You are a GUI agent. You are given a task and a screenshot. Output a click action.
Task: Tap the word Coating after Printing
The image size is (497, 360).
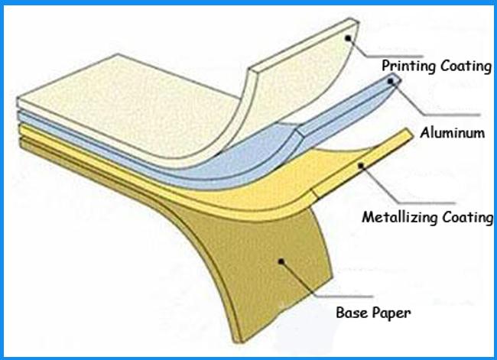(x=466, y=66)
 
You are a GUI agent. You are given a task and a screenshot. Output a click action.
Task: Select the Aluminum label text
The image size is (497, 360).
(x=453, y=132)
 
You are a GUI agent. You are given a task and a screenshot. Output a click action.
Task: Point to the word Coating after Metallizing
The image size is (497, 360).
(x=467, y=217)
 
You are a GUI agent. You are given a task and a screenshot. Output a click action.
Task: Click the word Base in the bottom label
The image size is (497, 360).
(x=352, y=313)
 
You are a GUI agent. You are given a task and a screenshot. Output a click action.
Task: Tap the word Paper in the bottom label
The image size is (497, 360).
(x=391, y=313)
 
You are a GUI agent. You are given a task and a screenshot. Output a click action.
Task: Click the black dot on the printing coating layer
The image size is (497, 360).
(x=348, y=38)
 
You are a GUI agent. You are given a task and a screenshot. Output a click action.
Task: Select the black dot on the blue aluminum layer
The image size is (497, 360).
(x=391, y=82)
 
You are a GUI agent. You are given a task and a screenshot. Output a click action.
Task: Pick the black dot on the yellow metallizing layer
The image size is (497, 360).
(x=361, y=165)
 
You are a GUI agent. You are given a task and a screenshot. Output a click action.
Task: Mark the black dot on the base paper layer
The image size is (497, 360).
(x=281, y=261)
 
